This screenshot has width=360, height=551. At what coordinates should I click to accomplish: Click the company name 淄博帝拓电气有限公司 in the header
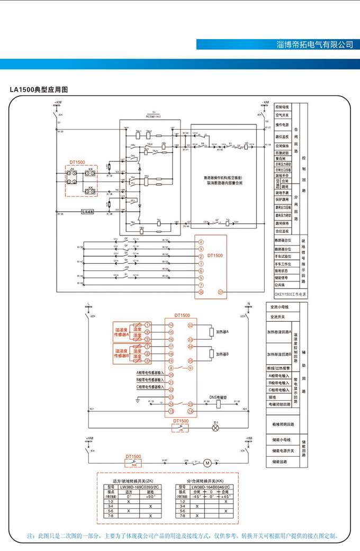coord(314,44)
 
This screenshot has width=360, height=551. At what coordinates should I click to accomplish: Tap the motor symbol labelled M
coord(208,463)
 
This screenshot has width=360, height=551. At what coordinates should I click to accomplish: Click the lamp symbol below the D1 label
coord(215,428)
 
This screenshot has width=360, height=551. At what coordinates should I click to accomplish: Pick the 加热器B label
coord(226,354)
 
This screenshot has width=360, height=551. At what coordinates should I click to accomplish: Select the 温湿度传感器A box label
coord(122,332)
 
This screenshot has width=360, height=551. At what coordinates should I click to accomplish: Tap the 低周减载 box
coord(88,211)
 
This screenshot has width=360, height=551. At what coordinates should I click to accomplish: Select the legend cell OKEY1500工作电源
coord(290,294)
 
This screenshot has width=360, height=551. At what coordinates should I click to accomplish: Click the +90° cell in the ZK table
coord(150,496)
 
